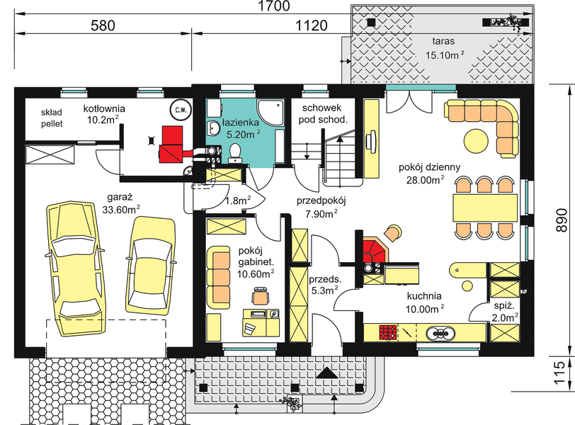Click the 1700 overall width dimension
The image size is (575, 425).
(x=274, y=6)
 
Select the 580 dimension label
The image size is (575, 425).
(x=103, y=25)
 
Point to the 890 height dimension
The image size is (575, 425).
(x=561, y=220)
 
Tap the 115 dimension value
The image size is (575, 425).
(x=561, y=373)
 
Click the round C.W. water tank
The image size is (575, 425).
(x=181, y=110)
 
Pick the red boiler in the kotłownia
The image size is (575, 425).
(x=171, y=144)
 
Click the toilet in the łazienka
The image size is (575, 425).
(x=234, y=152)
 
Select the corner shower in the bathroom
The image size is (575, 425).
(x=271, y=112)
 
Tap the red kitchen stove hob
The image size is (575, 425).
(x=388, y=333)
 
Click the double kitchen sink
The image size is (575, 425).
(x=440, y=334)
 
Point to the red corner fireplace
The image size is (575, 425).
(x=374, y=251)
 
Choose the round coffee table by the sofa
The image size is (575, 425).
(x=477, y=140)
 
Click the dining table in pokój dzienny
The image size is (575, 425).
(x=485, y=208)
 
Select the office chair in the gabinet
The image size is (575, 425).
(x=261, y=295)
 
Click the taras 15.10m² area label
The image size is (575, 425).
(x=444, y=48)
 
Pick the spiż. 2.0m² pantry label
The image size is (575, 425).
(x=505, y=312)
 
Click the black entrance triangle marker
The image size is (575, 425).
(x=326, y=373)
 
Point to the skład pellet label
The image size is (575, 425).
(x=52, y=118)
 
